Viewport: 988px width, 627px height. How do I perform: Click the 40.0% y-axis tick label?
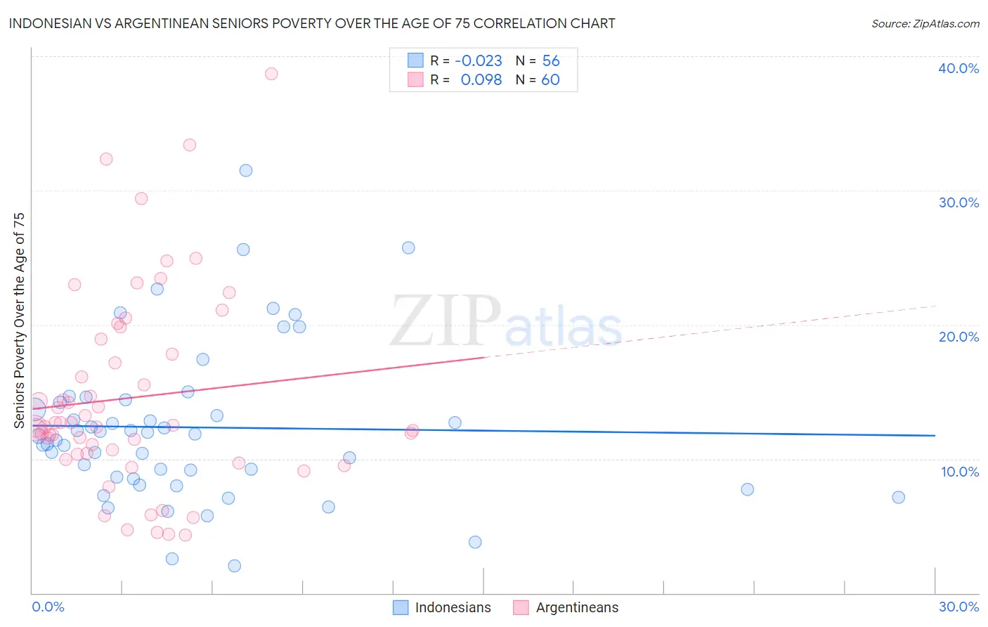click(958, 68)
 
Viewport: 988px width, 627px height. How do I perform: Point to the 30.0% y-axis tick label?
click(958, 202)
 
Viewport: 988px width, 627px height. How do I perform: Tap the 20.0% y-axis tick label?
click(958, 337)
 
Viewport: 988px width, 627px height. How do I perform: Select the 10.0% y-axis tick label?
click(959, 472)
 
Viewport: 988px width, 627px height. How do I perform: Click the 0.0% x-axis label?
click(48, 607)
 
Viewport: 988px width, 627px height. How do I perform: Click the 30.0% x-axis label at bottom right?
click(958, 607)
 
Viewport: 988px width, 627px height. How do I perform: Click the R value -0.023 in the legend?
click(478, 61)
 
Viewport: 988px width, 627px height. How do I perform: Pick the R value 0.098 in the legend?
click(481, 80)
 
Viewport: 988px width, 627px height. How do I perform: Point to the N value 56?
click(551, 61)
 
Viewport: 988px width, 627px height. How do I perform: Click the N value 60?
click(550, 80)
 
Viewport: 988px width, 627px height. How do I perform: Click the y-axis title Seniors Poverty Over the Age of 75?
click(20, 320)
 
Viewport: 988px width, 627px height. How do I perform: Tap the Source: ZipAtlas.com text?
click(925, 24)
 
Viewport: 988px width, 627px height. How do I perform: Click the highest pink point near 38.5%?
click(271, 74)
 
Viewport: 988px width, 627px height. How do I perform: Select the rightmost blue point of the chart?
click(898, 497)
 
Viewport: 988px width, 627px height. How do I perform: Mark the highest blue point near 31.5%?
click(246, 170)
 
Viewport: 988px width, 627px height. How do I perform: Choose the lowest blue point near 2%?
click(235, 566)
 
